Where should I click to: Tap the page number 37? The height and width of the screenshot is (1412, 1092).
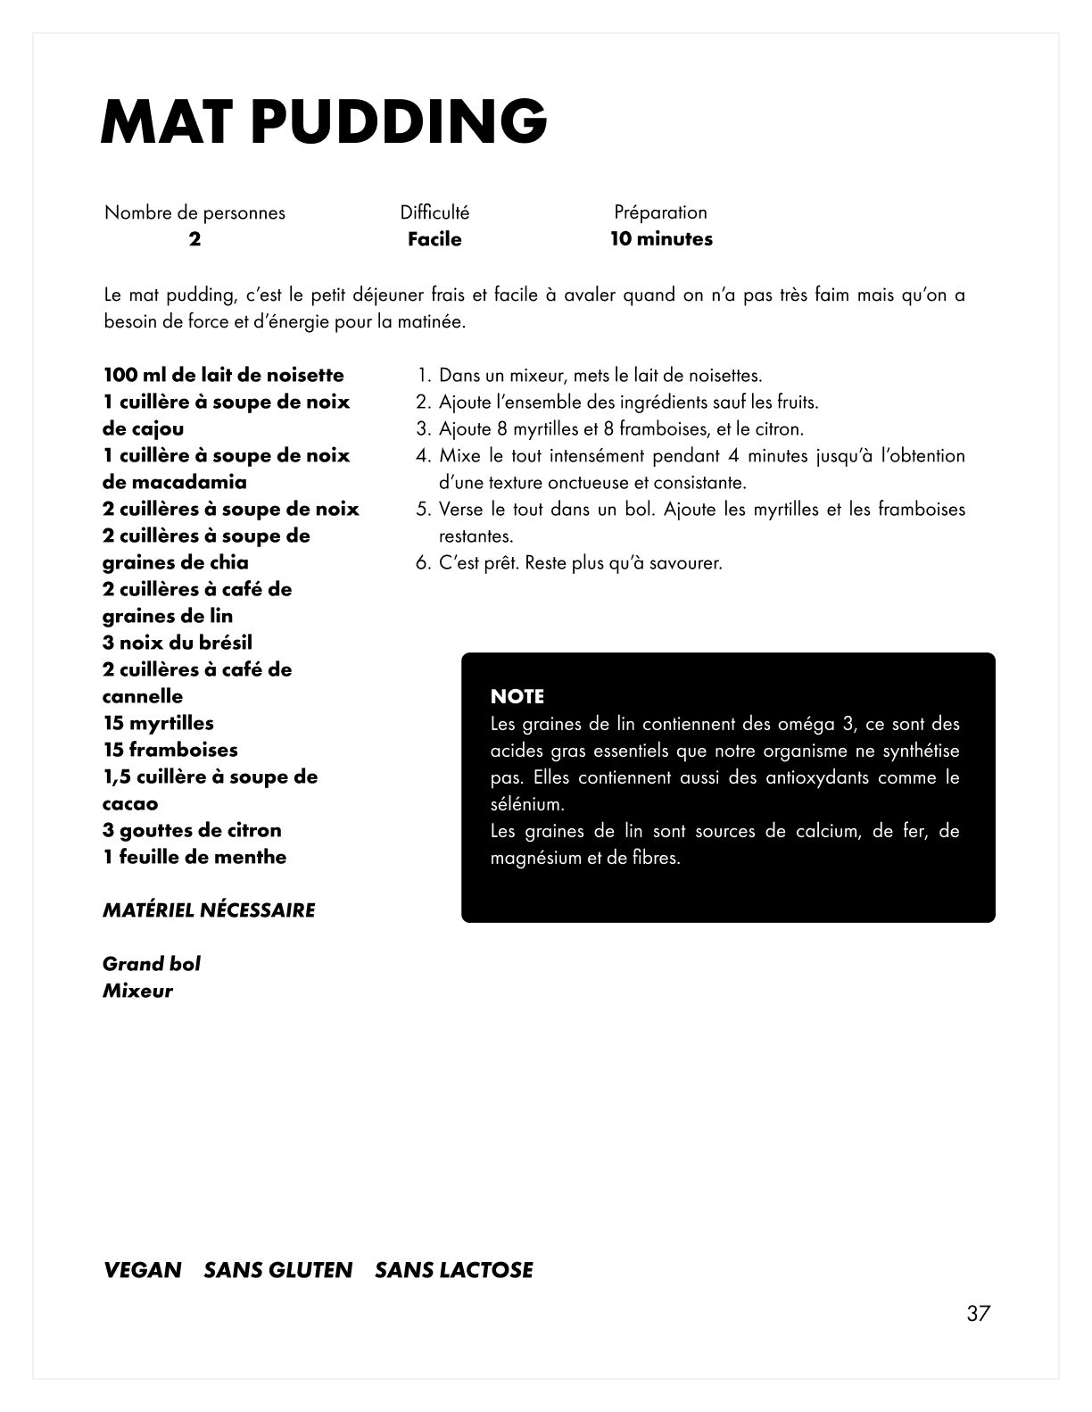click(x=978, y=1314)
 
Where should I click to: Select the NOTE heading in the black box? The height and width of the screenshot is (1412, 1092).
click(x=517, y=696)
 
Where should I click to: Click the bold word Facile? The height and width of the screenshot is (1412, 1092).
click(x=434, y=239)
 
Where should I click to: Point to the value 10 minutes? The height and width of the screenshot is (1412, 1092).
click(x=661, y=239)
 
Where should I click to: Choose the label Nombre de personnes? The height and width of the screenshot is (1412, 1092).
click(x=194, y=212)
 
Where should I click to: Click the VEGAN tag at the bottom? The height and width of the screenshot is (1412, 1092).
click(x=143, y=1270)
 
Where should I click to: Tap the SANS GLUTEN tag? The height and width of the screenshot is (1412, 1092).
click(x=278, y=1270)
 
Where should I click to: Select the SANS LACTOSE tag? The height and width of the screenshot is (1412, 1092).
click(x=454, y=1270)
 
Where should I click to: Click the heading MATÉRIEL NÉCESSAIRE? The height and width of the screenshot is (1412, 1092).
click(x=209, y=910)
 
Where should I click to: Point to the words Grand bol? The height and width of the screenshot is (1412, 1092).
click(x=152, y=964)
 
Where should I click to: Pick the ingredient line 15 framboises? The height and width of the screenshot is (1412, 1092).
click(x=170, y=750)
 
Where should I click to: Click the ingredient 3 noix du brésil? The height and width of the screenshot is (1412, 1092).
click(x=178, y=643)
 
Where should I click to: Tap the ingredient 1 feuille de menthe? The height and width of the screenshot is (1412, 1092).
click(x=194, y=857)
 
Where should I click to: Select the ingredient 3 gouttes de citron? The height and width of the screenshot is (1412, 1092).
click(x=192, y=830)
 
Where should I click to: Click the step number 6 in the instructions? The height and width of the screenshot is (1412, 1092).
click(x=422, y=563)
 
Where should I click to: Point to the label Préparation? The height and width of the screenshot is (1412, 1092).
click(x=660, y=212)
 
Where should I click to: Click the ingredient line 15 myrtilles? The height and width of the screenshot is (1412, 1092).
click(x=159, y=723)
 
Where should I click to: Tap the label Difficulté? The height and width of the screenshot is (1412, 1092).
click(x=434, y=212)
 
